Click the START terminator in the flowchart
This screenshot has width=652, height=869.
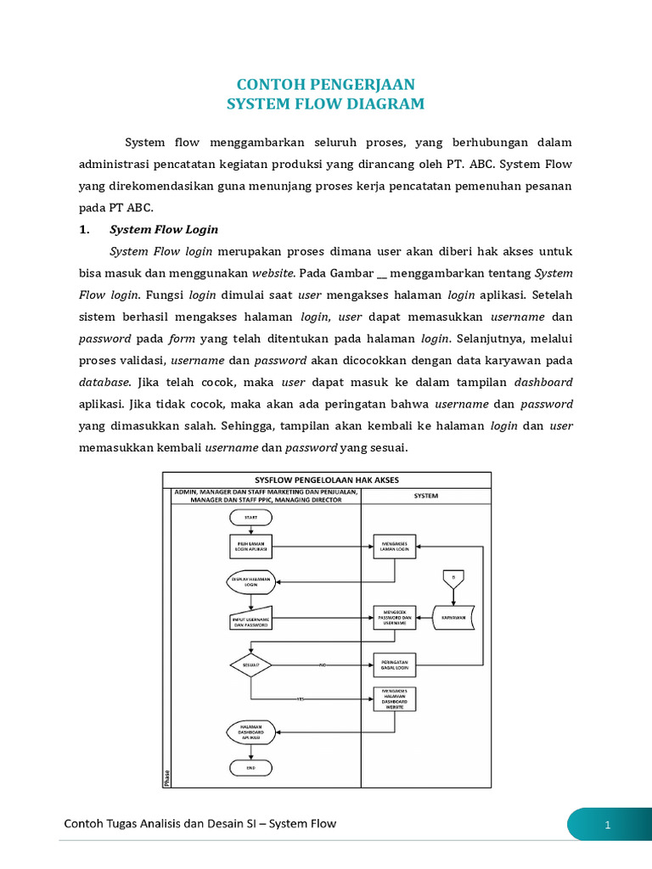[250, 517]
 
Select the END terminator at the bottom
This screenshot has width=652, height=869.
[250, 767]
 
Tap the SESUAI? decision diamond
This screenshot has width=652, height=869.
[250, 664]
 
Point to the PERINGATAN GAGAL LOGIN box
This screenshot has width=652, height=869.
[395, 664]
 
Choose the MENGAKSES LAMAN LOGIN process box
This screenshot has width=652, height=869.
[395, 548]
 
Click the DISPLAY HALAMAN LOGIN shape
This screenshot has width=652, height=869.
[250, 581]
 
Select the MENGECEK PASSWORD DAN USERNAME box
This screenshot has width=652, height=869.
[395, 619]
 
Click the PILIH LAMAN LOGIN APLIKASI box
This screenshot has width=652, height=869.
[250, 548]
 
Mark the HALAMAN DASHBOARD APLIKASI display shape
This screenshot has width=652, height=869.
[250, 732]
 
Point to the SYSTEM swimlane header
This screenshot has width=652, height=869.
[426, 495]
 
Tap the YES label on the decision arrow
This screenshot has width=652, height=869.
[300, 698]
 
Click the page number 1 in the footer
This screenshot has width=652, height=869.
[608, 825]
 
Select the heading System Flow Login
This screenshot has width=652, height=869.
[164, 229]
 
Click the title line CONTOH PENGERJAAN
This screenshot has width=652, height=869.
[325, 85]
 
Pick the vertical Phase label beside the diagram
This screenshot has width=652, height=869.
[166, 776]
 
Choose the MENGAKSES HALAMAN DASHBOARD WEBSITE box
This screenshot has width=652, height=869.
[395, 698]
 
